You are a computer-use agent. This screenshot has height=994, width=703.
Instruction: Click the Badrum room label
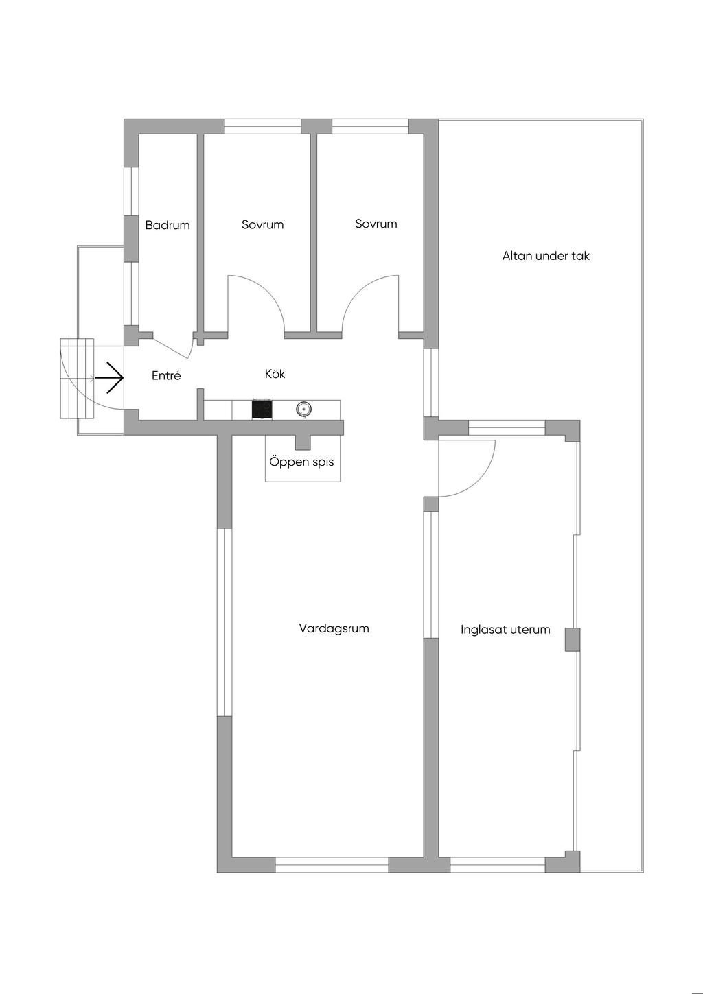168,225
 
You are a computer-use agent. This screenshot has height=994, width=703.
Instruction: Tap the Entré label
166,376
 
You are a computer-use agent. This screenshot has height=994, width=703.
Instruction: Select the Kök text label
275,374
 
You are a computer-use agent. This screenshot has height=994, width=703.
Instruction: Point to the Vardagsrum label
334,628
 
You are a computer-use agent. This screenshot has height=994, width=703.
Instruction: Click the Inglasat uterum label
505,630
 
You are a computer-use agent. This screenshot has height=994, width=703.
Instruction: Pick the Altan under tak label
546,256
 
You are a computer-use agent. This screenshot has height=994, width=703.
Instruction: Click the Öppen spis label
301,462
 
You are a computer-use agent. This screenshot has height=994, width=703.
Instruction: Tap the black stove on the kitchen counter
262,409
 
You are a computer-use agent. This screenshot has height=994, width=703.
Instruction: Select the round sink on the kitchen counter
303,410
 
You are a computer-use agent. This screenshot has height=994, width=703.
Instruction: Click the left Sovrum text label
262,225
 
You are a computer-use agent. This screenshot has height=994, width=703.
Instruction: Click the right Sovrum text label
376,224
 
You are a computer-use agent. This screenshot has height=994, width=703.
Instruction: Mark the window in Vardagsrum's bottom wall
332,865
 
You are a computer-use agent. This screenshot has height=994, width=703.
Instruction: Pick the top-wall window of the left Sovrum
262,126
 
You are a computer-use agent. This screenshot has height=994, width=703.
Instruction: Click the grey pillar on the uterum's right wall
572,639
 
